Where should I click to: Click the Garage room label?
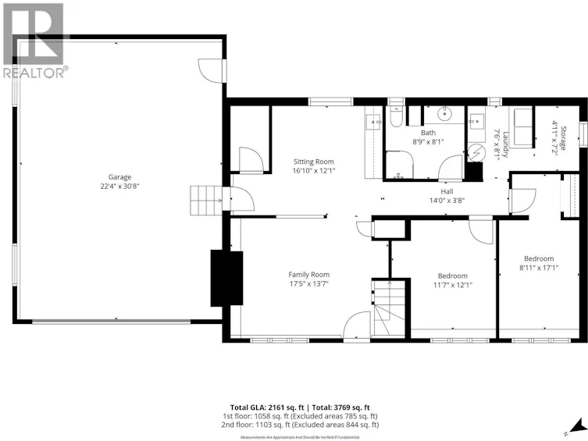click(x=119, y=177)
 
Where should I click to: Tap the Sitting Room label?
click(x=313, y=162)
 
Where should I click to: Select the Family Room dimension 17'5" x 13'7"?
click(x=309, y=283)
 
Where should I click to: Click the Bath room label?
click(x=428, y=133)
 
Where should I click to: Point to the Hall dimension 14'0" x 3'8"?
click(x=447, y=201)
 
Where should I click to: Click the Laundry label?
click(x=506, y=144)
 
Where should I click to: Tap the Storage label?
click(x=563, y=138)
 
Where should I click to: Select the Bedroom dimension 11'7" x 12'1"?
click(x=453, y=285)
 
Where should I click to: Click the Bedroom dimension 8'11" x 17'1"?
click(x=539, y=268)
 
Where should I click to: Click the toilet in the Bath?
click(x=396, y=116)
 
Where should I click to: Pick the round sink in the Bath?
click(x=445, y=113)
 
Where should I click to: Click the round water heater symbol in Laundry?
click(x=476, y=153)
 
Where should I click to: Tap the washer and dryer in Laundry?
click(x=521, y=127)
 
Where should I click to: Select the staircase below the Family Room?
click(x=389, y=309)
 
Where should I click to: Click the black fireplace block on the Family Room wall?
click(x=227, y=279)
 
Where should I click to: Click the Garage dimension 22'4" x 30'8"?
click(x=119, y=187)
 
